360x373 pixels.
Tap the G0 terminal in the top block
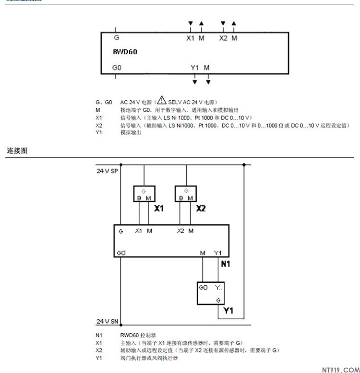(117, 68)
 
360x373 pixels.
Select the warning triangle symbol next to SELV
(162, 101)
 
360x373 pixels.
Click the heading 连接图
(17, 151)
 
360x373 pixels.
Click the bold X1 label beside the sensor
(159, 209)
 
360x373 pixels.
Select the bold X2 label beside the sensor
(201, 209)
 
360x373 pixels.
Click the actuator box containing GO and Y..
(211, 293)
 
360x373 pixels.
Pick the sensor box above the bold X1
(144, 194)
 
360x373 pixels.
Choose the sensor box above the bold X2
(186, 194)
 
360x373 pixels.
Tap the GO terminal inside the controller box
(121, 253)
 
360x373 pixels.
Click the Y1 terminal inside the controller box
(218, 253)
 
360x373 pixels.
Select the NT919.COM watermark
(337, 368)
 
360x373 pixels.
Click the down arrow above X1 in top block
(191, 23)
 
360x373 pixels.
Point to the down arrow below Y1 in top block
(194, 82)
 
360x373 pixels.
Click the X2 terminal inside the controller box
(180, 231)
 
